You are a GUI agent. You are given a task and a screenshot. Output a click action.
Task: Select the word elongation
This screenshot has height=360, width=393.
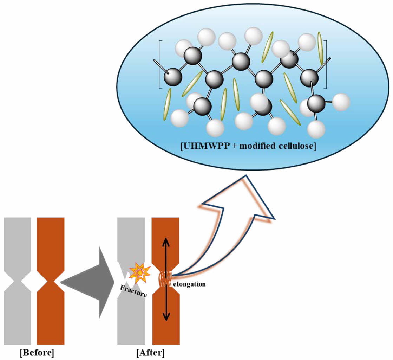(x=189, y=284)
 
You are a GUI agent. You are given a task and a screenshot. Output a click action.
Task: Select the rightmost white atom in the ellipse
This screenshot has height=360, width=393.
(x=340, y=102)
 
